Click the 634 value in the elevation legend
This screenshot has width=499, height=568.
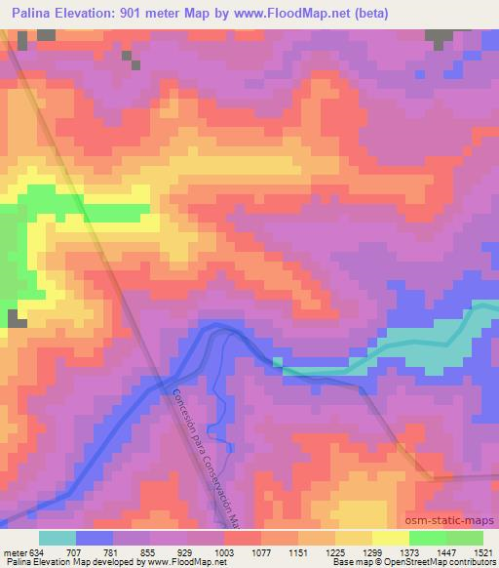[x=37, y=552]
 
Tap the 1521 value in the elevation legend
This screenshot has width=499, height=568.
[x=481, y=552]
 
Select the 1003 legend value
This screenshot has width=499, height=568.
[x=224, y=552]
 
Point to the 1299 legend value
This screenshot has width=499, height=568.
[x=370, y=552]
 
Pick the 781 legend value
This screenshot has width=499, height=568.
[x=113, y=552]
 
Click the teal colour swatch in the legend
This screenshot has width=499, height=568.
[x=58, y=538]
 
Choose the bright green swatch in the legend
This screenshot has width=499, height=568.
[x=428, y=538]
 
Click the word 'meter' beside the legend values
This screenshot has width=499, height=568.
[x=14, y=552]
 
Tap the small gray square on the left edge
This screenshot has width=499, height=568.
[x=16, y=318]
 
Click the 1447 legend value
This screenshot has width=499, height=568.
[x=444, y=552]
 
